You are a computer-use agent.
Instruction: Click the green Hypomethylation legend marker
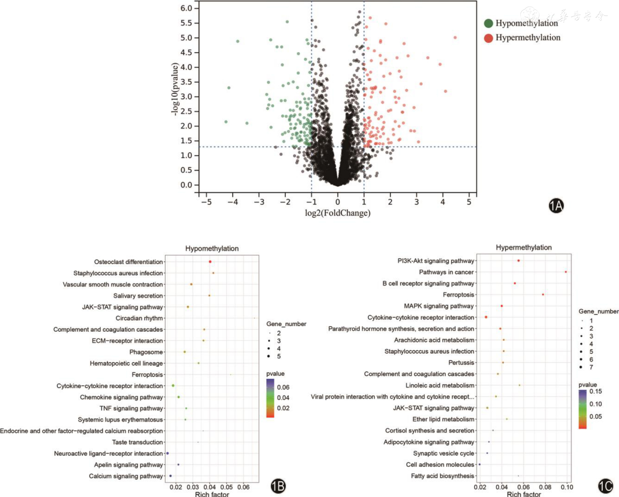(488, 23)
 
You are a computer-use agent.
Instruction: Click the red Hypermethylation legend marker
(488, 38)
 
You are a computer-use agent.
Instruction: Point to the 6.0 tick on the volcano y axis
(186, 8)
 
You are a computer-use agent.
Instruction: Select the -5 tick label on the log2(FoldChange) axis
(206, 202)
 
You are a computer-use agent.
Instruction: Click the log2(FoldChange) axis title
(338, 213)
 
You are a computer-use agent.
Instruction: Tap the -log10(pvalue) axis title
(175, 89)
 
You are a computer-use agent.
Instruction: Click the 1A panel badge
(556, 206)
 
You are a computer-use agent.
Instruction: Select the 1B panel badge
(278, 486)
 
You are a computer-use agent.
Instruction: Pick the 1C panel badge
(605, 486)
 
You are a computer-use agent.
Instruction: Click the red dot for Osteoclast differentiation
(210, 262)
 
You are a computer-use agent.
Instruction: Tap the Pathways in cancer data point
(566, 272)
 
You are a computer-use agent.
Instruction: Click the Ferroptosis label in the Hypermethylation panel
(458, 295)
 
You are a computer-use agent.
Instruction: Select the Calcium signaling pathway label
(126, 476)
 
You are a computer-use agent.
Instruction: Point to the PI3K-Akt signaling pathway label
(436, 261)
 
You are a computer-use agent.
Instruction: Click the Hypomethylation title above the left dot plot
(212, 248)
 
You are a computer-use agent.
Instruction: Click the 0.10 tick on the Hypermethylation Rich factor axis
(567, 487)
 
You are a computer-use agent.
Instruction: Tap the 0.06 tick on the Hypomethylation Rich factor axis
(243, 487)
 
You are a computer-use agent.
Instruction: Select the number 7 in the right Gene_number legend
(591, 367)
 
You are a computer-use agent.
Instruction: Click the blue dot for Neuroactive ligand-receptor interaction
(168, 453)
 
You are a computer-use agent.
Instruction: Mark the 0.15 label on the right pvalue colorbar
(596, 391)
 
